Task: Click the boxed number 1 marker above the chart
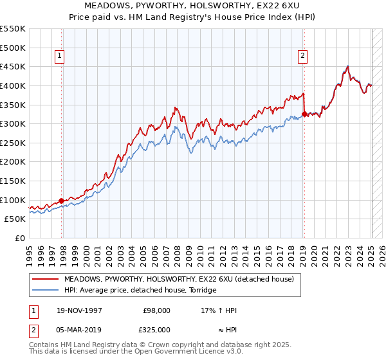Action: point(59,56)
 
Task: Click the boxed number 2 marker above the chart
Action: point(302,56)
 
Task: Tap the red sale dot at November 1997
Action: point(62,201)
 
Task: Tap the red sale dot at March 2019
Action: point(304,114)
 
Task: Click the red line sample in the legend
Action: point(46,279)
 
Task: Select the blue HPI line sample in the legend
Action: point(46,290)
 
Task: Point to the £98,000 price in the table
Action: point(157,310)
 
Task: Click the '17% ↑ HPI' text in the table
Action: point(219,310)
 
